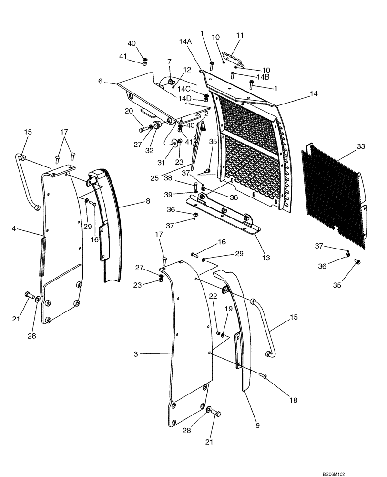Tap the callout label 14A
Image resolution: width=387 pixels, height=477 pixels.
click(185, 42)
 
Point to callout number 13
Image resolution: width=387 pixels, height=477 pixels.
click(265, 258)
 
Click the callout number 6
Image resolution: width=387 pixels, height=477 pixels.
click(101, 82)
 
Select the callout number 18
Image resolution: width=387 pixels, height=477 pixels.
click(292, 400)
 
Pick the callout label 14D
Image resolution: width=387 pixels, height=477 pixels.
click(185, 99)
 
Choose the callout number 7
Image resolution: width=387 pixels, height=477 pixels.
click(169, 62)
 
